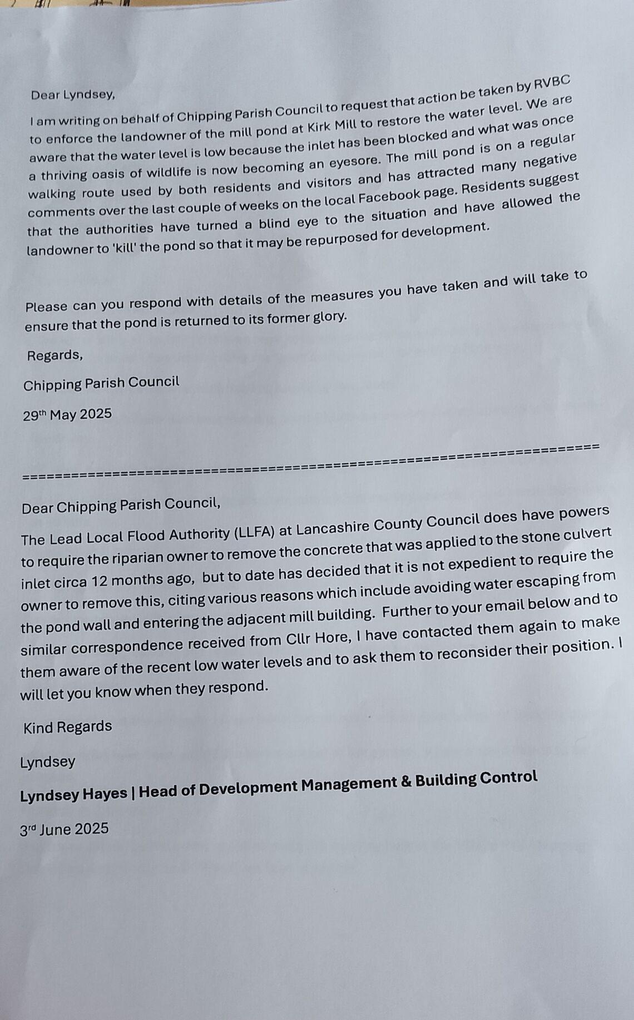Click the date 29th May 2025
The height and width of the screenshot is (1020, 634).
[67, 415]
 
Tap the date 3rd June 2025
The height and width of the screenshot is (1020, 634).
[65, 830]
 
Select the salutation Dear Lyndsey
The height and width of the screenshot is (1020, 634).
[73, 95]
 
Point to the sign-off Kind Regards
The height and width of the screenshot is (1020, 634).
[67, 727]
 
